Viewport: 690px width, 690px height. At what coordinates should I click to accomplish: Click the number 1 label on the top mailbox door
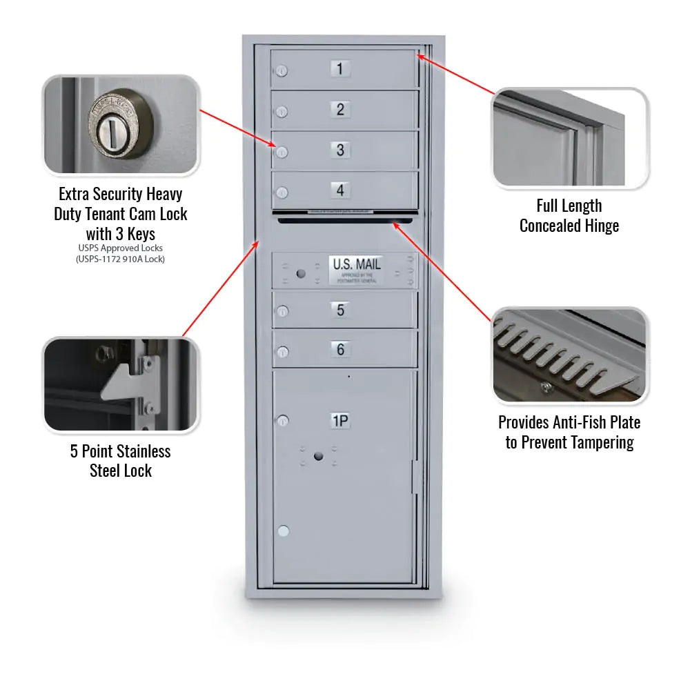click(340, 68)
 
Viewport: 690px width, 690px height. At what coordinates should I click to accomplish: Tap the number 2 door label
click(340, 109)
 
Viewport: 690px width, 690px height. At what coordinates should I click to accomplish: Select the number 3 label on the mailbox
click(340, 150)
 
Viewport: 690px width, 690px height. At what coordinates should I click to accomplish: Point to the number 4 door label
click(340, 190)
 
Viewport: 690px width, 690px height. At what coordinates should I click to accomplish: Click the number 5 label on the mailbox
click(340, 310)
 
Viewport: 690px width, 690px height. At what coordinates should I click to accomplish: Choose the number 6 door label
click(340, 349)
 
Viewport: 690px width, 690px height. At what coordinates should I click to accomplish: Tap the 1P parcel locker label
click(340, 421)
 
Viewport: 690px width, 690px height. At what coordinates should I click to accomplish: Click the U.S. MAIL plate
click(356, 269)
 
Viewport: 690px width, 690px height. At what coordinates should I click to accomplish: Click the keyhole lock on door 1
click(282, 70)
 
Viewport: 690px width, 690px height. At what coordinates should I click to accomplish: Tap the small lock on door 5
click(282, 313)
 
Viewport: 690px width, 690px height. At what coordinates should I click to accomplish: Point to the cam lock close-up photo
click(121, 125)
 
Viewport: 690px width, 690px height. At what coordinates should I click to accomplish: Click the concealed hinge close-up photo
click(570, 138)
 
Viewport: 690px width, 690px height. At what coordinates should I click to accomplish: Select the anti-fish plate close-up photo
click(570, 355)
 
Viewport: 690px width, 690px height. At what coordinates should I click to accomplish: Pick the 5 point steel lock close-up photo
click(121, 385)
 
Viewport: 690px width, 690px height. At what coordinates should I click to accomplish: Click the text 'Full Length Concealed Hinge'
click(569, 216)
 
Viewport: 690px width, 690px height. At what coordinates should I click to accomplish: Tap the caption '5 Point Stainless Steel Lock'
click(121, 461)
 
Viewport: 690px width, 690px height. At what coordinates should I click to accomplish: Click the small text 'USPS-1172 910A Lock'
click(121, 259)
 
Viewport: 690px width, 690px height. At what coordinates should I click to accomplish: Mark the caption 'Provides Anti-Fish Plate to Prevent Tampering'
click(569, 433)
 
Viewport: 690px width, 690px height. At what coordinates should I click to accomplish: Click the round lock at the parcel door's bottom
click(282, 531)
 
